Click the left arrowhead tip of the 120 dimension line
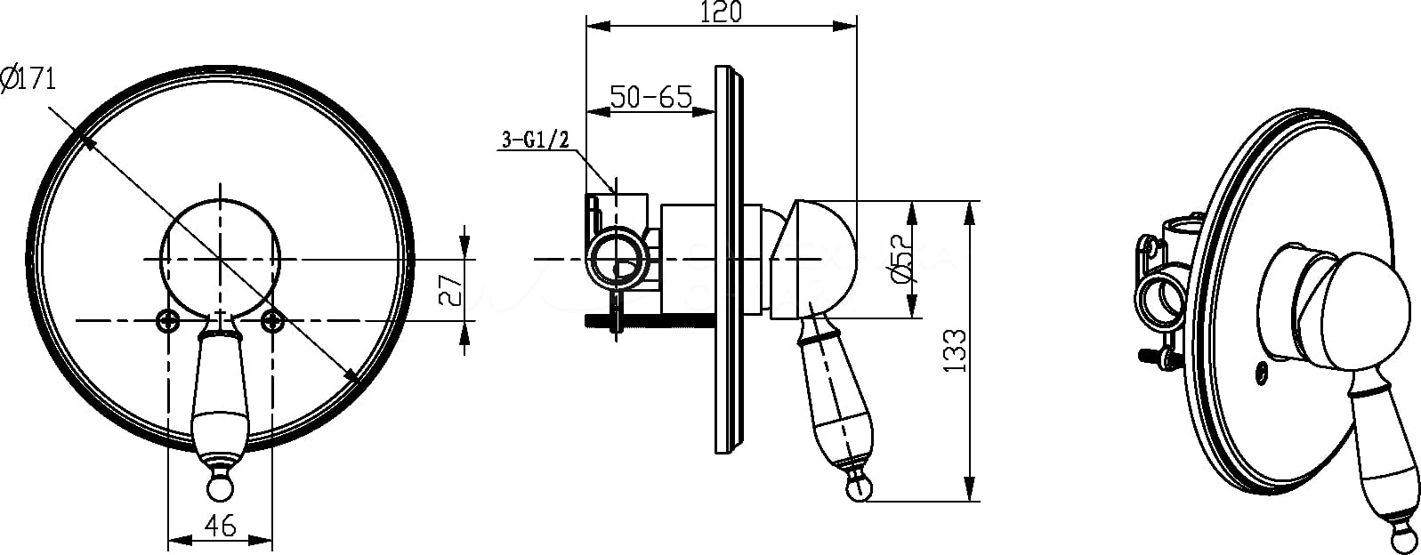[x=586, y=26]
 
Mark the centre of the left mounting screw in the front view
[x=168, y=320]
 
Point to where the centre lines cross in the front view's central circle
[x=220, y=259]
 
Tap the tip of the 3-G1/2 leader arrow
[x=615, y=193]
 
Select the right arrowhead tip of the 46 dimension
[x=272, y=541]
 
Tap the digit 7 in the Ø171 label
[x=36, y=79]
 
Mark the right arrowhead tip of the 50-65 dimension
[x=715, y=112]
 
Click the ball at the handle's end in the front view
[x=220, y=488]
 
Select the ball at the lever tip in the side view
[x=859, y=488]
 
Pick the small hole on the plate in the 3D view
[x=1263, y=374]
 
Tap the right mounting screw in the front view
[x=273, y=320]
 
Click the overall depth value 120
[x=721, y=12]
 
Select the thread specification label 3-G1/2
[x=536, y=139]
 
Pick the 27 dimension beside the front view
[x=451, y=290]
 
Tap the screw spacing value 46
[x=220, y=525]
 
